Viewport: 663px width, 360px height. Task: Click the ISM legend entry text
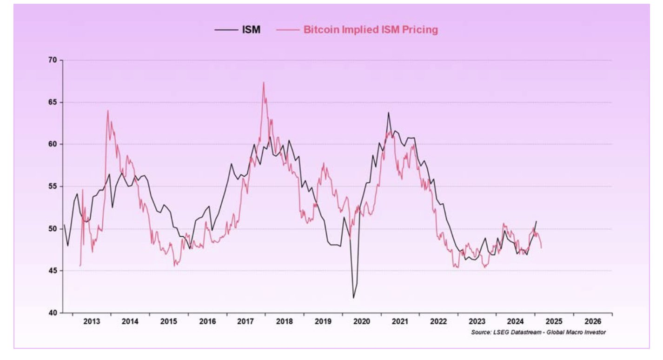click(x=251, y=30)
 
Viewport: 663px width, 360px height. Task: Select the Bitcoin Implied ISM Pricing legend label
click(x=371, y=30)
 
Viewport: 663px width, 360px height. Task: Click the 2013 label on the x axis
click(x=92, y=321)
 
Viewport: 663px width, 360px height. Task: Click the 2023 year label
click(x=477, y=321)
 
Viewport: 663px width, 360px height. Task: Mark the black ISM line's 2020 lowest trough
click(x=353, y=298)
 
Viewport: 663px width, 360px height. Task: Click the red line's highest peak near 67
click(x=264, y=82)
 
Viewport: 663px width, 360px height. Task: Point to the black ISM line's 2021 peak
click(x=389, y=113)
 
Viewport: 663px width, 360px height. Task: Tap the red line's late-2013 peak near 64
click(x=108, y=111)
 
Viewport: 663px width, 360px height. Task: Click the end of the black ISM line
click(x=536, y=221)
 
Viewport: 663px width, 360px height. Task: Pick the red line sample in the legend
click(x=287, y=30)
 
